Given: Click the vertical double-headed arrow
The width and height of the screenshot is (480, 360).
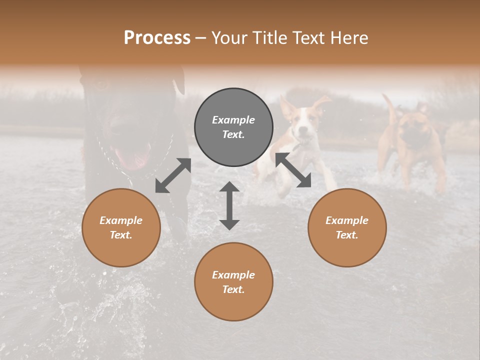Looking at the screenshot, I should point(229,205).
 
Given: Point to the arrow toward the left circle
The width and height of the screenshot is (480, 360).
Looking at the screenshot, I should point(173,175).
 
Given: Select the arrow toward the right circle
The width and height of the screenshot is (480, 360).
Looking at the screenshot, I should point(293,170).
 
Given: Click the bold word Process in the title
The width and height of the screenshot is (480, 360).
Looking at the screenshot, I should point(157,37).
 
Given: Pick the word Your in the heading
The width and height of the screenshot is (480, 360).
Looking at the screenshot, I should point(227,37).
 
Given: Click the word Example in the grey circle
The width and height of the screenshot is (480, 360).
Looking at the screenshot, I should point(233,120).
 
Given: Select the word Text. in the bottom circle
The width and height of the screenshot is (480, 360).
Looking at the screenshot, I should point(233,289).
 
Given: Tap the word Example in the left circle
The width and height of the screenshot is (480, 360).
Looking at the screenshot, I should point(121,220).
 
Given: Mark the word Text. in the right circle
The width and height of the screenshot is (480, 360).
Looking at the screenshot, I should point(347,235).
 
